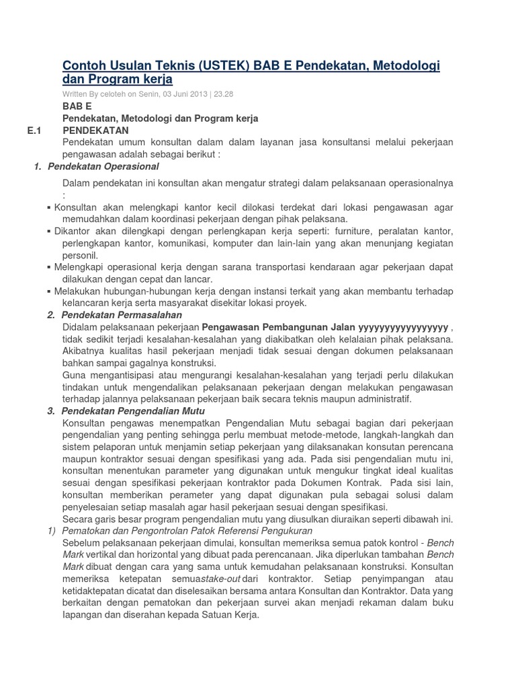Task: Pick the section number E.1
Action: pos(36,130)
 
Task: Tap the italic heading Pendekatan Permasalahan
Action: pos(121,315)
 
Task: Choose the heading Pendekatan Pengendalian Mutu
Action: pos(132,410)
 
